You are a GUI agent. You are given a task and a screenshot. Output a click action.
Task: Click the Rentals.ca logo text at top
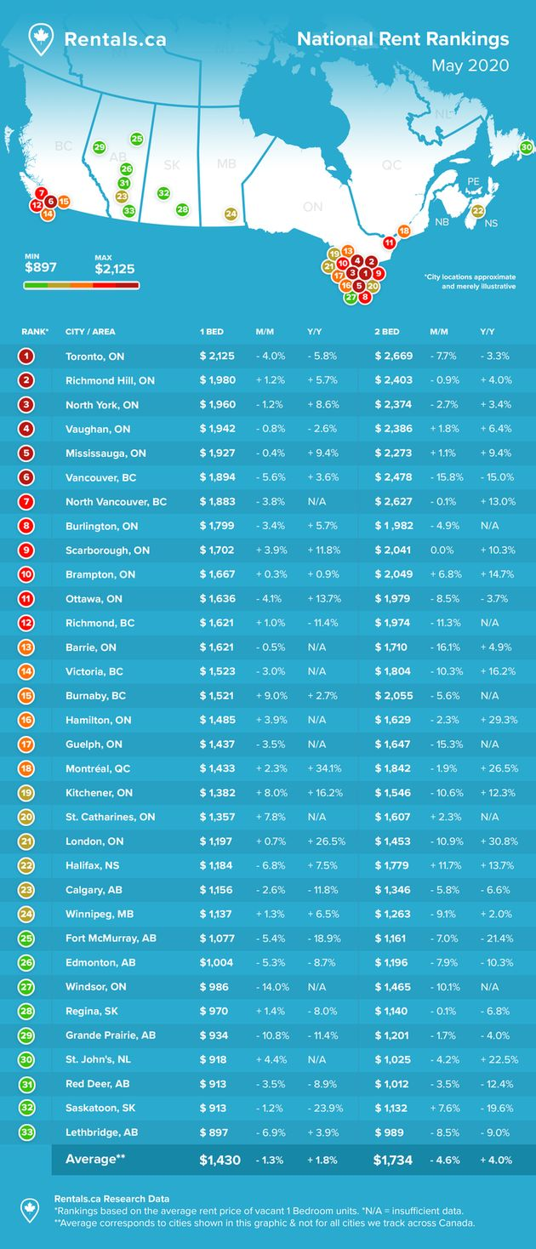point(109,39)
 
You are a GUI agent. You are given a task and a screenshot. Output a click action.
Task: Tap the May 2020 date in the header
point(470,66)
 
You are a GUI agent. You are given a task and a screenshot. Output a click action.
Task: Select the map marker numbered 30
point(527,147)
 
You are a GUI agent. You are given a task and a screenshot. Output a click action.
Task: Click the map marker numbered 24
point(231,214)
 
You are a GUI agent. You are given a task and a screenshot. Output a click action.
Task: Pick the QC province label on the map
point(391,165)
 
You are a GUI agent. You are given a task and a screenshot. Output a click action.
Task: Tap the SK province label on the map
point(171,164)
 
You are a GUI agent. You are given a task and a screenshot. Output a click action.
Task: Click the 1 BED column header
point(213,331)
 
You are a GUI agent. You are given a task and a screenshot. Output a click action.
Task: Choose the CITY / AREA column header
point(90,331)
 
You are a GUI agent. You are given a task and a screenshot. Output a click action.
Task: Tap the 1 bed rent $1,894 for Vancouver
point(217,477)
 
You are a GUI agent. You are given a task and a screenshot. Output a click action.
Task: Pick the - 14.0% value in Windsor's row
point(272,986)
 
